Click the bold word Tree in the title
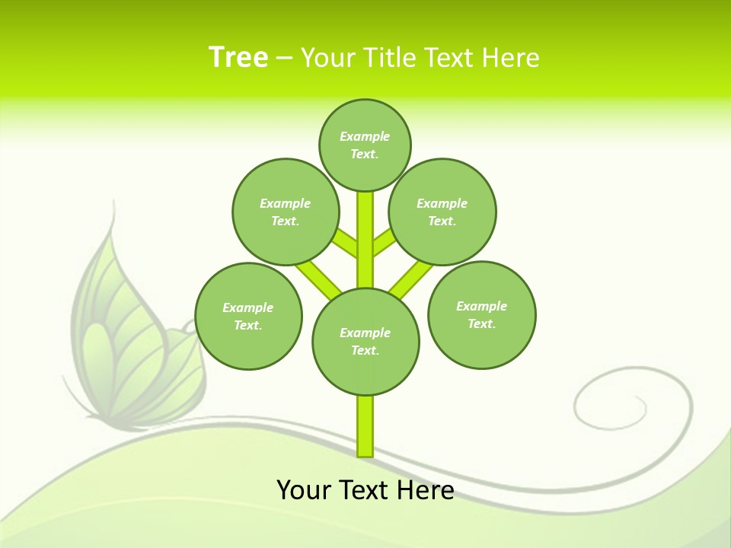[x=238, y=57]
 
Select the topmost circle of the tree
[x=365, y=145]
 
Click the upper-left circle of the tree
[x=286, y=212]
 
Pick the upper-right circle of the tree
[x=442, y=212]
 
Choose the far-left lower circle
[x=248, y=316]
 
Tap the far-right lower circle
[x=481, y=314]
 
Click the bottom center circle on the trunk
[x=365, y=341]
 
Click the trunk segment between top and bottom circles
[x=365, y=240]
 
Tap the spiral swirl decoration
[x=609, y=403]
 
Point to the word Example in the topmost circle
[x=365, y=136]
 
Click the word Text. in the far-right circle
[x=481, y=323]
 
